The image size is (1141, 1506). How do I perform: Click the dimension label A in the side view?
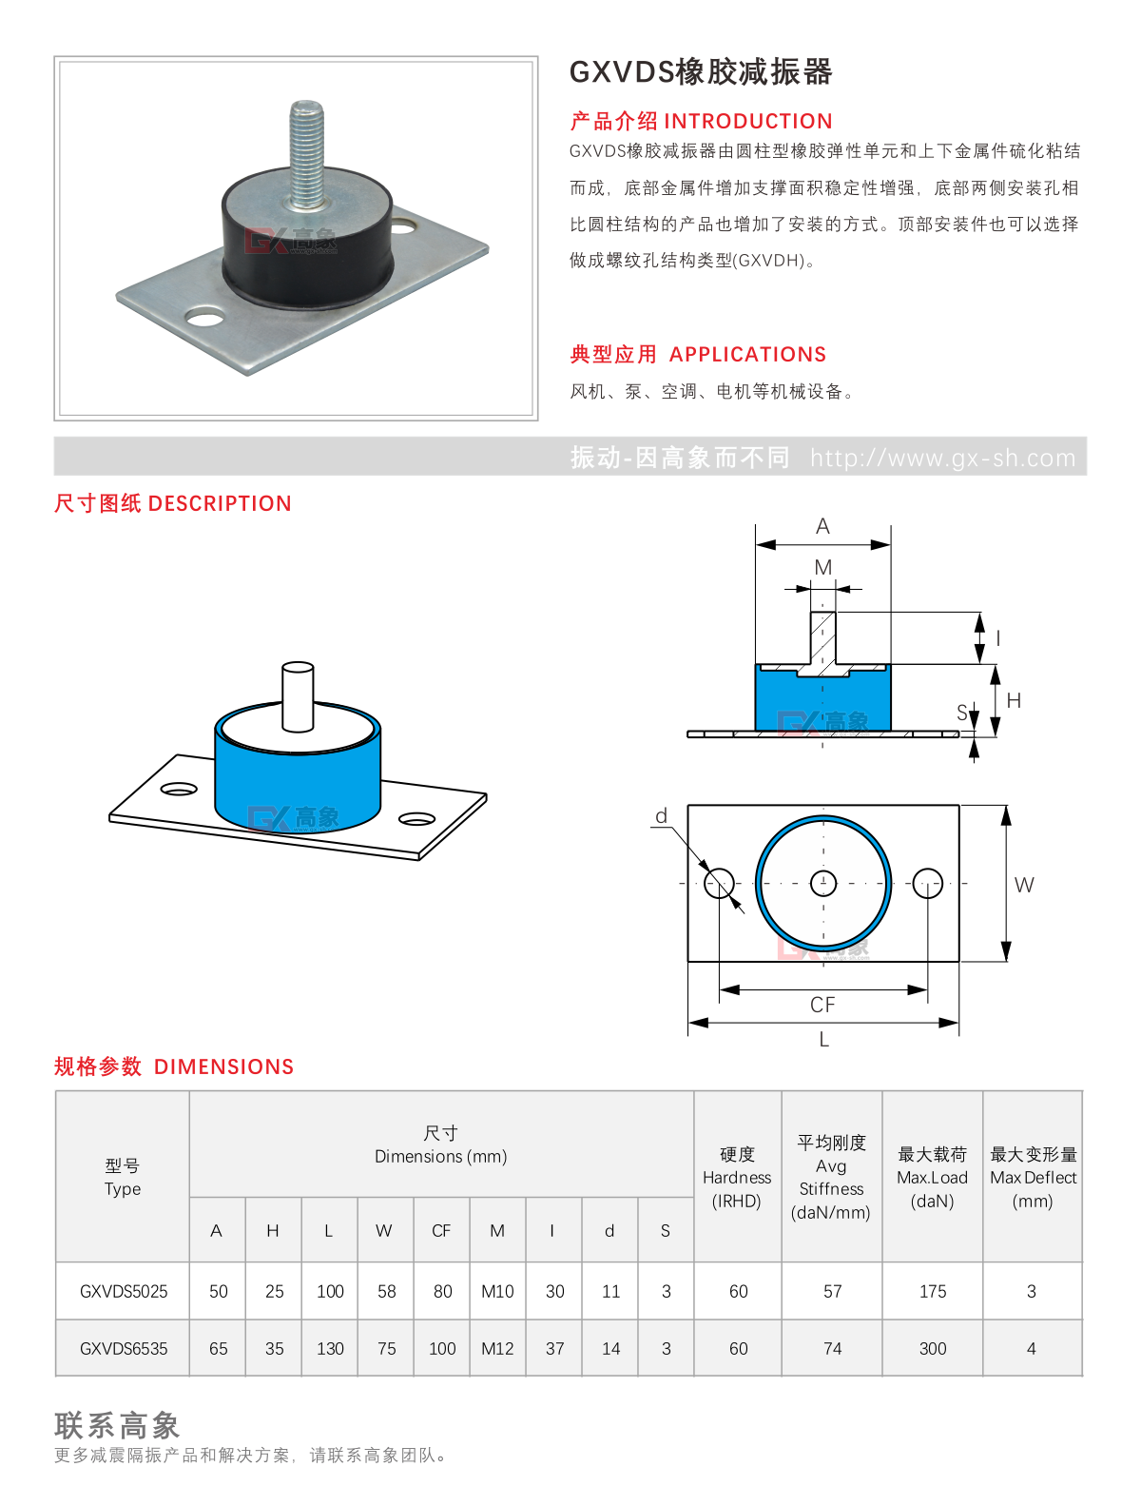tap(822, 526)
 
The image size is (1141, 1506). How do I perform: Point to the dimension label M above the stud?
tap(822, 567)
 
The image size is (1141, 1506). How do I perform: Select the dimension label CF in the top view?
tap(822, 1005)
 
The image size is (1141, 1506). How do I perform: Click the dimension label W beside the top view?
tap(1023, 885)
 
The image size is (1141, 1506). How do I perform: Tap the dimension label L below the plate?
tap(823, 1040)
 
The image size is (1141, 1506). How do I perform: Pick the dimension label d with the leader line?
tap(661, 815)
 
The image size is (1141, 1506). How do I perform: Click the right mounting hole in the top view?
tap(927, 883)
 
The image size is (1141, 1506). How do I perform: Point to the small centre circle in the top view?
tap(822, 883)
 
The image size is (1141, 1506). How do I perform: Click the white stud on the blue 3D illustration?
tap(298, 696)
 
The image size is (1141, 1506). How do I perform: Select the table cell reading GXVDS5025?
tap(124, 1291)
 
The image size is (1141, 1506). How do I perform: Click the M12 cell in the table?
tap(497, 1348)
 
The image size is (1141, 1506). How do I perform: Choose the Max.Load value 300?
tap(932, 1348)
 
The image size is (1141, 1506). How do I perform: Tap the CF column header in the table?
tap(441, 1231)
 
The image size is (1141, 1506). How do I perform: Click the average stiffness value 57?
tap(832, 1291)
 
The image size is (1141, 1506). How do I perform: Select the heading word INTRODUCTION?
tap(748, 122)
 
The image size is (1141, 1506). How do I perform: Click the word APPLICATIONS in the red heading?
tap(747, 354)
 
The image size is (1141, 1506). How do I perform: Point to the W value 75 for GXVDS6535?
tap(386, 1348)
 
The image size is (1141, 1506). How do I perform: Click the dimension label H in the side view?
tap(1014, 700)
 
